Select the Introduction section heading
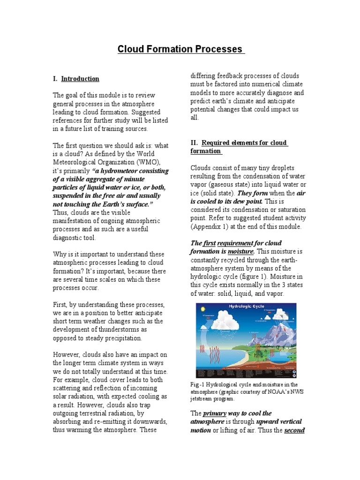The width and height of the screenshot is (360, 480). tap(80, 79)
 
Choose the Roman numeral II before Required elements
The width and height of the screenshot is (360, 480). tap(194, 142)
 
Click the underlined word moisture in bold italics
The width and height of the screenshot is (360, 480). tap(241, 252)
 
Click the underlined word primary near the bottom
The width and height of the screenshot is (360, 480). tap(215, 413)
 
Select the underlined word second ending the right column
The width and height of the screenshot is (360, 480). tap(294, 430)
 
